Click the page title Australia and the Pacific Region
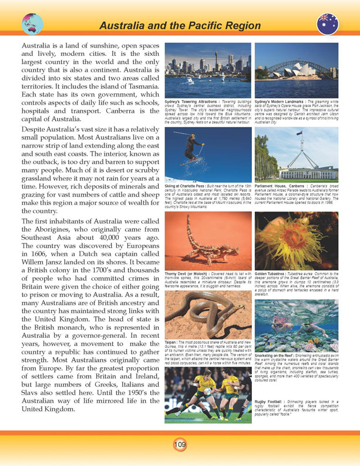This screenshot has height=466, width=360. [x=180, y=25]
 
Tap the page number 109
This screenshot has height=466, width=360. [x=180, y=444]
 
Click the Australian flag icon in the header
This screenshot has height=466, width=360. [x=327, y=24]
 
